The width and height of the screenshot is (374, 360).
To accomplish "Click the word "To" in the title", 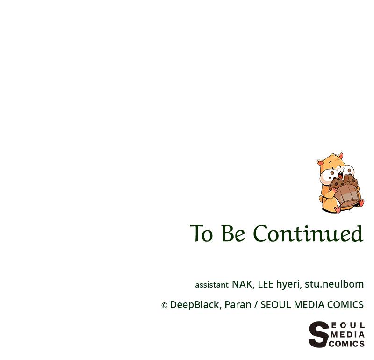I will [201, 234].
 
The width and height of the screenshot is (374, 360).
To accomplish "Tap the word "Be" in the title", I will [233, 234].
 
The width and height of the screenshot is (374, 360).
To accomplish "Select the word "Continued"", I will [308, 234].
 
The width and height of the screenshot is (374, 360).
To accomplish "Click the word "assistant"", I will [212, 285].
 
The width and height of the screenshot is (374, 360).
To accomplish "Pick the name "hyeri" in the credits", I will [288, 284].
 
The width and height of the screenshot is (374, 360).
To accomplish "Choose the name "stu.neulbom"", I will [334, 284].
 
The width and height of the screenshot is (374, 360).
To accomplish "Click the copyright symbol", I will [164, 305].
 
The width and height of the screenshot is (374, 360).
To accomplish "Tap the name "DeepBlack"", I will [194, 305].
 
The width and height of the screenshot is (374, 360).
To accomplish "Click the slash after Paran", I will [256, 305].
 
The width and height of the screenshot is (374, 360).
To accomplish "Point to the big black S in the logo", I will [318, 335].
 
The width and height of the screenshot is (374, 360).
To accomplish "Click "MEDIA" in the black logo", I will [347, 335].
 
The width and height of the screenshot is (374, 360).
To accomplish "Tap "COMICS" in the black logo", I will [346, 344].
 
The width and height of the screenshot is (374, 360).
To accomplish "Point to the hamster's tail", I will [322, 201].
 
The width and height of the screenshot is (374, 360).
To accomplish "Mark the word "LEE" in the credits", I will [265, 284].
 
